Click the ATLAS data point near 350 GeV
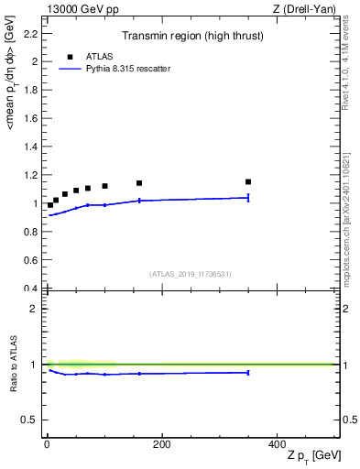pos(248,181)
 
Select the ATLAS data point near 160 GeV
pos(139,183)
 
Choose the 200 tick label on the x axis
pos(161,443)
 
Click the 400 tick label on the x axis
pos(277,443)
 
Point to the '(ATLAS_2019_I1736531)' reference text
pos(191,274)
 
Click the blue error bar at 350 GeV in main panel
pos(248,197)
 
